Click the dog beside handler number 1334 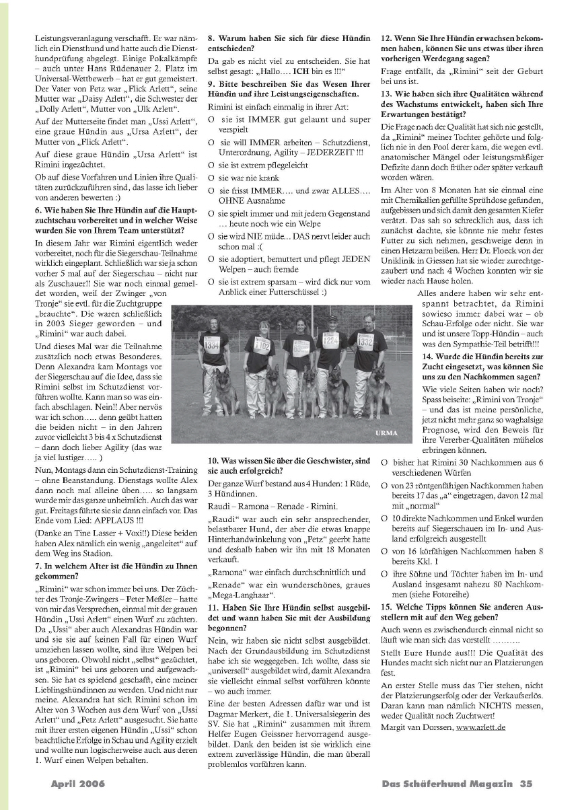coord(225,394)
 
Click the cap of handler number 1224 coord(330,317)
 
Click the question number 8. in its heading coord(211,38)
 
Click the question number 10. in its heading coord(213,461)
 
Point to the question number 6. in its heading coord(38,209)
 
